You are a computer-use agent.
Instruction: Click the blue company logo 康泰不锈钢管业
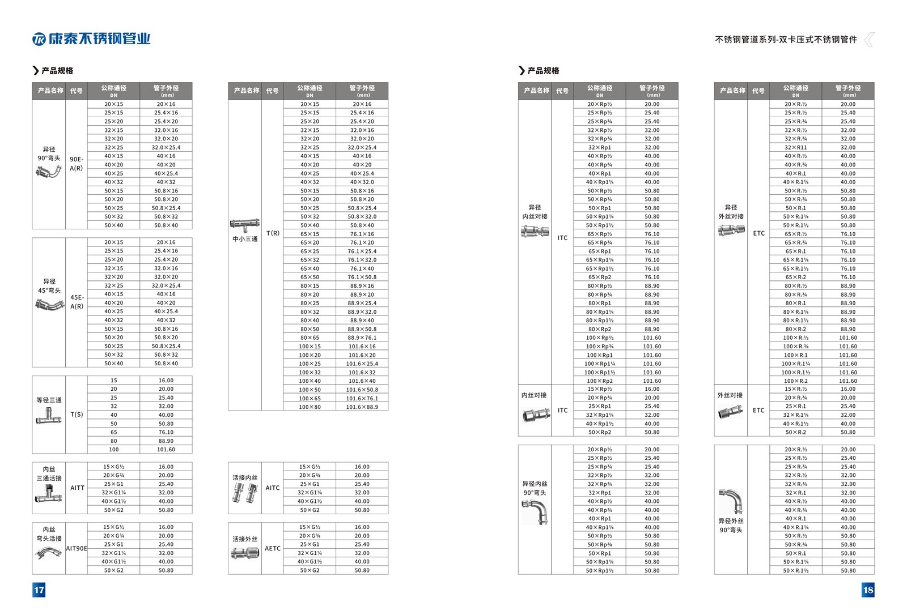pyautogui.click(x=91, y=39)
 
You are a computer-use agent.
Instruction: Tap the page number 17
pyautogui.click(x=39, y=590)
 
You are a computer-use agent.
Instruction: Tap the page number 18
pyautogui.click(x=868, y=590)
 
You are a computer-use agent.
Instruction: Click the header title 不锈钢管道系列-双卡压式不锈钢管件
pyautogui.click(x=786, y=40)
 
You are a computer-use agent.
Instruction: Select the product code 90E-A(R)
pyautogui.click(x=77, y=164)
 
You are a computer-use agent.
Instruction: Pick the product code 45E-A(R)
pyautogui.click(x=77, y=302)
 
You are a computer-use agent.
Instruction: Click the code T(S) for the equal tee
pyautogui.click(x=77, y=415)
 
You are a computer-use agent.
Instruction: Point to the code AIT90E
pyautogui.click(x=77, y=548)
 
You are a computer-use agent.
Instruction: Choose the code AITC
pyautogui.click(x=273, y=488)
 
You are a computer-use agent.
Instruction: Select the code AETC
pyautogui.click(x=273, y=548)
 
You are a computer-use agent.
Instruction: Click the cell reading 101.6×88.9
pyautogui.click(x=362, y=407)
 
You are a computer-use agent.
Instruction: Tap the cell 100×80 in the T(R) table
pyautogui.click(x=310, y=407)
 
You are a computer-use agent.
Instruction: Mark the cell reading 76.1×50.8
pyautogui.click(x=362, y=277)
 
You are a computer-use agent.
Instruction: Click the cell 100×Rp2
pyautogui.click(x=600, y=381)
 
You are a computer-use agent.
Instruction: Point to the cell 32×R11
pyautogui.click(x=795, y=147)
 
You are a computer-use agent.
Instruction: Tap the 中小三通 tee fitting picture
pyautogui.click(x=245, y=225)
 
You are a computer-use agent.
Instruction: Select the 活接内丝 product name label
pyautogui.click(x=245, y=477)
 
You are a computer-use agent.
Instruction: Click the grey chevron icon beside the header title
pyautogui.click(x=868, y=39)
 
